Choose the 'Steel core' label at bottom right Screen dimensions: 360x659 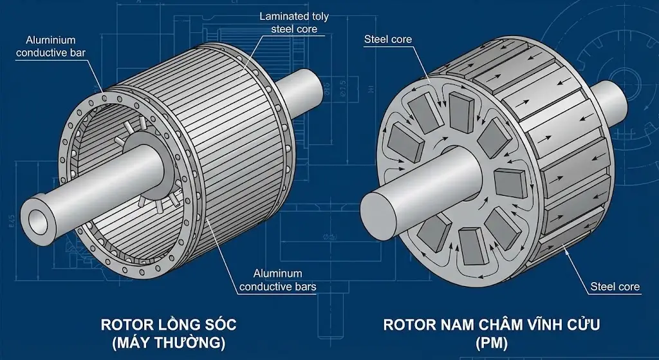(616, 287)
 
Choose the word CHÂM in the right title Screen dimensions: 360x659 (489, 325)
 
